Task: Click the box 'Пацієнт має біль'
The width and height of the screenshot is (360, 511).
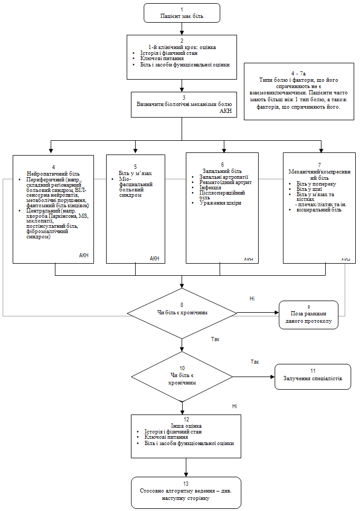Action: (x=181, y=13)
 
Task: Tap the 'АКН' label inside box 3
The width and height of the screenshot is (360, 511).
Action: (x=225, y=111)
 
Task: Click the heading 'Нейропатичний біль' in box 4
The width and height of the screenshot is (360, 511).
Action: (x=53, y=173)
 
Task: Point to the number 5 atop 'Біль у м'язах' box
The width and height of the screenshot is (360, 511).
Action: (x=135, y=167)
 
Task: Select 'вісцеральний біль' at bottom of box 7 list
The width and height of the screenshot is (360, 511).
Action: (x=318, y=210)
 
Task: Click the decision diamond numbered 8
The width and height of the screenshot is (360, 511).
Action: (x=182, y=312)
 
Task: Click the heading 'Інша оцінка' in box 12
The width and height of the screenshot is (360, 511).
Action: (x=186, y=426)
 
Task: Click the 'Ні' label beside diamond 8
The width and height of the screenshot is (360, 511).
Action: (x=252, y=299)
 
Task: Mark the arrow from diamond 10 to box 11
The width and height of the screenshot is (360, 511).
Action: (x=253, y=377)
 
